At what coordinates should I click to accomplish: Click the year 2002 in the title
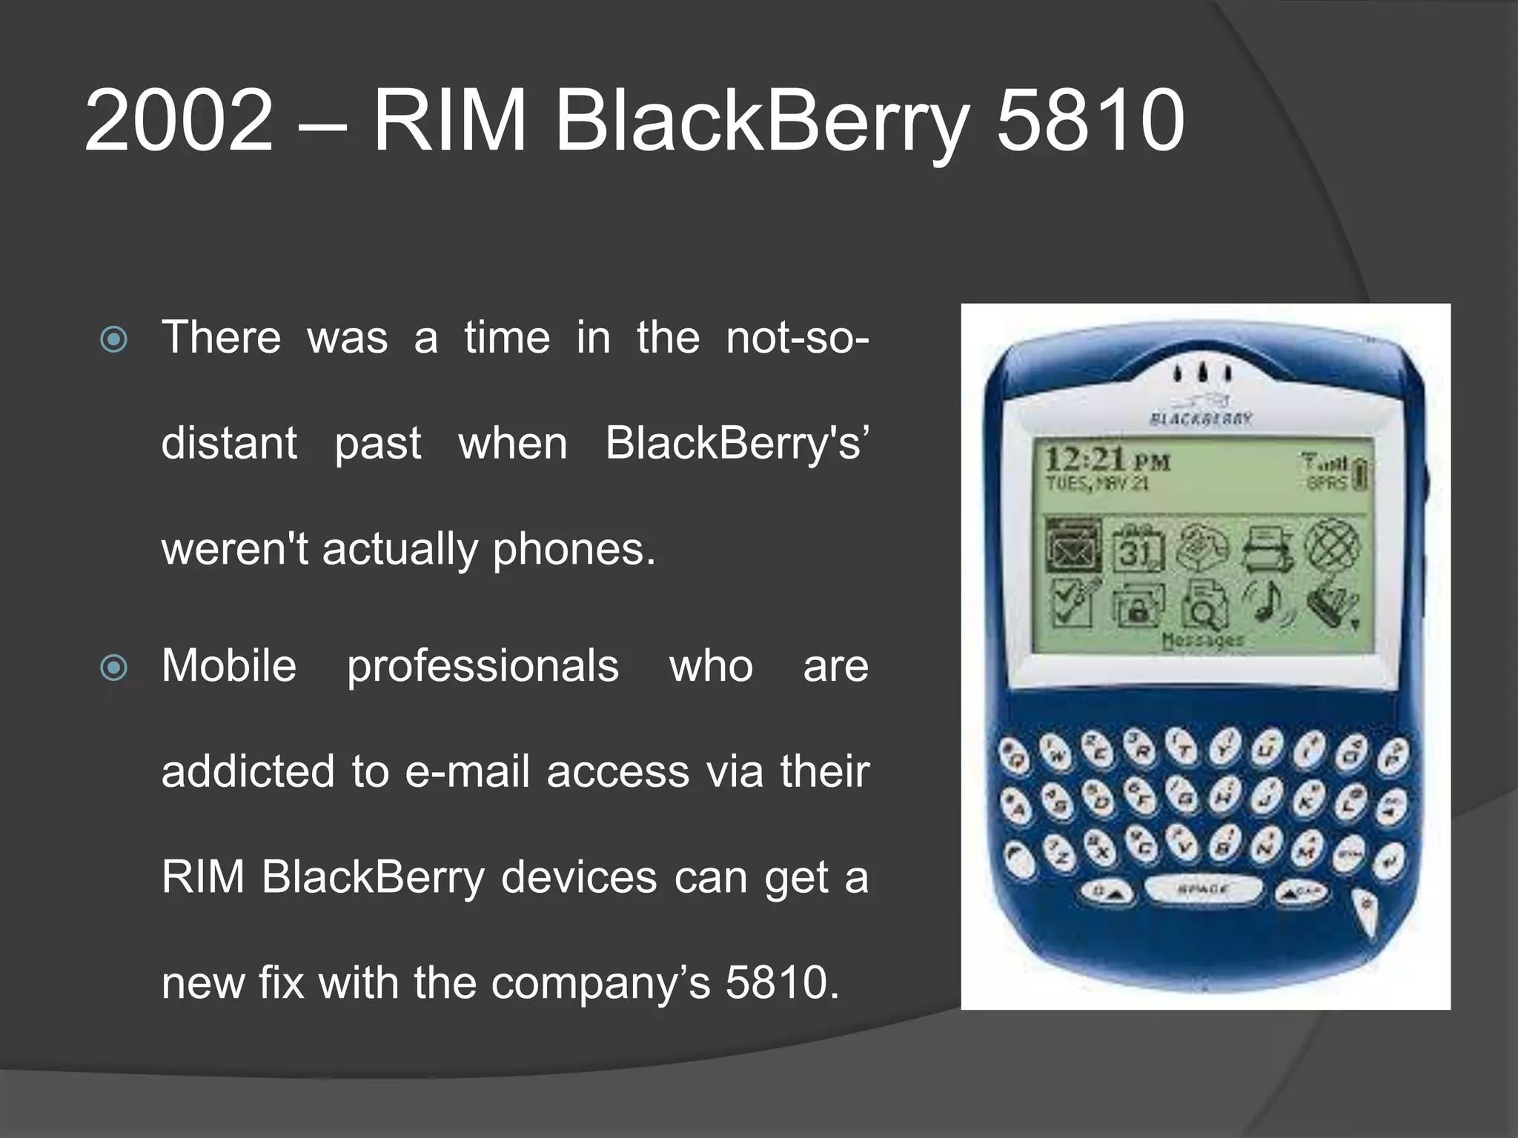(x=179, y=120)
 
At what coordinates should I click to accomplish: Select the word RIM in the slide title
(x=449, y=120)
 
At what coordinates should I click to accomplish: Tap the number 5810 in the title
(x=1090, y=120)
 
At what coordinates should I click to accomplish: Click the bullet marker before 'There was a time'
(x=113, y=340)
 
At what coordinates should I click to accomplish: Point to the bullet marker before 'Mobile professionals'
(x=113, y=668)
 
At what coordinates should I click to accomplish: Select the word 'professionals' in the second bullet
(x=483, y=666)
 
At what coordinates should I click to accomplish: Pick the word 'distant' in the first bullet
(x=229, y=443)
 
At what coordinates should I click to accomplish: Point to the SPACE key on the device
(x=1202, y=888)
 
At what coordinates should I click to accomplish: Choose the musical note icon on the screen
(x=1268, y=600)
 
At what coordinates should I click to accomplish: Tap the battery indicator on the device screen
(x=1360, y=474)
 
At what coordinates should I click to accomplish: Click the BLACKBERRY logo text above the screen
(x=1201, y=419)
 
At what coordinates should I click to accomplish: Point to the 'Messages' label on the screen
(x=1202, y=639)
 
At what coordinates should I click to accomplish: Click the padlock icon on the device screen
(x=1138, y=605)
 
